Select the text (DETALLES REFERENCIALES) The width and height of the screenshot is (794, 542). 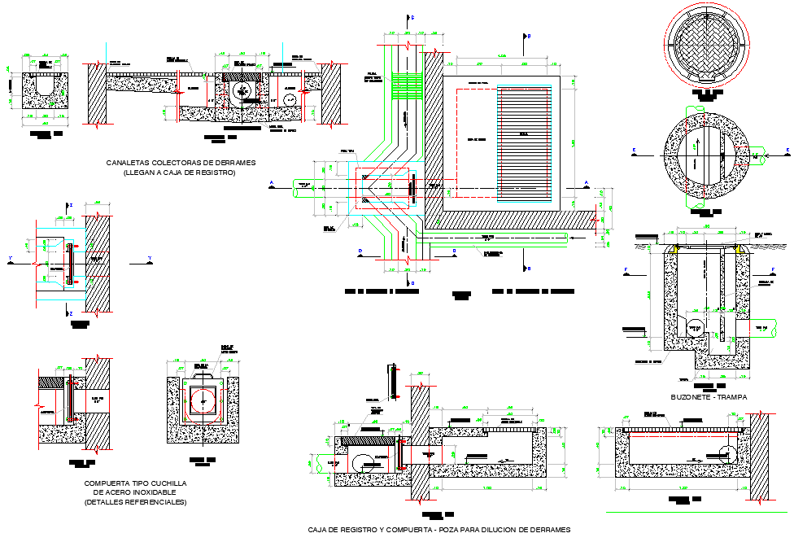point(135,502)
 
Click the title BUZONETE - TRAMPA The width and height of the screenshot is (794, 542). point(709,397)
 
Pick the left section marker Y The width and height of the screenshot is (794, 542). point(10,259)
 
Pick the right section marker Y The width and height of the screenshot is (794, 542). point(150,259)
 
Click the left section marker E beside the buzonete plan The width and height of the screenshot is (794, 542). point(633,151)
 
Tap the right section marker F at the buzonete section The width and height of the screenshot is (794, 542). point(773,269)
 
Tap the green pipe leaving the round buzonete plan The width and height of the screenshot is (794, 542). point(757,152)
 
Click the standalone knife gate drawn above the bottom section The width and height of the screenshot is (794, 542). point(392,382)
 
